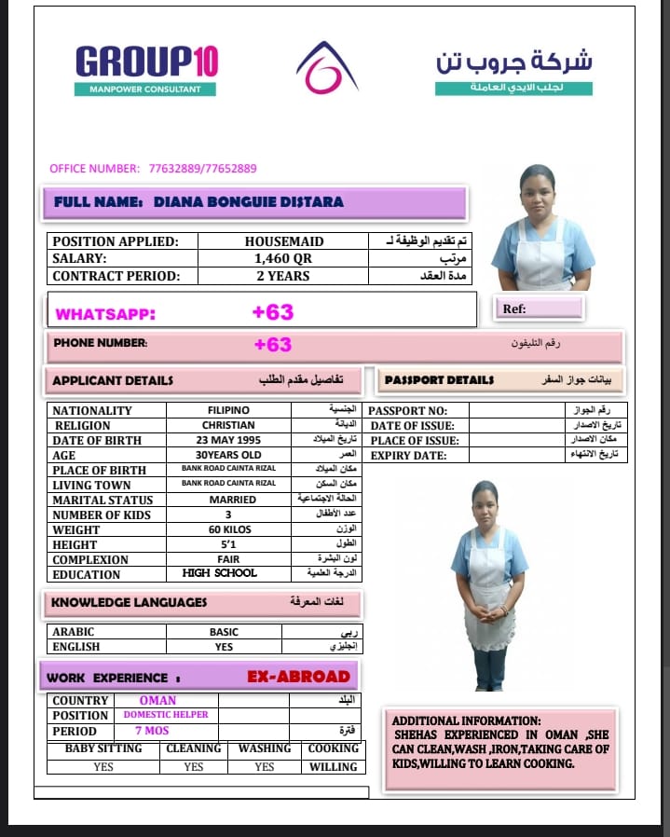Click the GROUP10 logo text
pos(146,62)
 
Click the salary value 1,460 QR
pos(283,258)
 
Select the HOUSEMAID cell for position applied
pos(283,240)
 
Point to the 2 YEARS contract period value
pos(283,276)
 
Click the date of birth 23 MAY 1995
pos(228,440)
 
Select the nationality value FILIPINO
pos(228,410)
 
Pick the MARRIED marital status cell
pos(228,500)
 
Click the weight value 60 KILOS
pos(228,529)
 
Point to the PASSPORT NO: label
pos(408,410)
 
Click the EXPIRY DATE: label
pos(408,455)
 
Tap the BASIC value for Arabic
pos(224,632)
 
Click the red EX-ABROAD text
pos(298,677)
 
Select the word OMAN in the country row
pos(157,700)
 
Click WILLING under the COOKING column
pos(333,767)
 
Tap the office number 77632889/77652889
pos(202,169)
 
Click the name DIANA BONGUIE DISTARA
pos(248,201)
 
